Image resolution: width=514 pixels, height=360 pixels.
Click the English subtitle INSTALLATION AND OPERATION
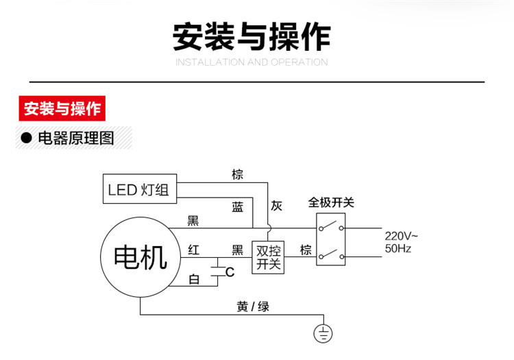[x=252, y=62]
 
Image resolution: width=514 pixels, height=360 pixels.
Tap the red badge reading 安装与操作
[x=62, y=109]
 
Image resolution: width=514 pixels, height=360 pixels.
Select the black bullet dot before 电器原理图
[x=27, y=139]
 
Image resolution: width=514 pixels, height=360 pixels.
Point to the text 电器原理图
[x=75, y=139]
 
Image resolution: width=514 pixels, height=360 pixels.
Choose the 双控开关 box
[x=268, y=257]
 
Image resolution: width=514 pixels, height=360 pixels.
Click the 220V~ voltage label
[x=401, y=236]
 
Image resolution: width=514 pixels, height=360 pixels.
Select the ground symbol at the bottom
[x=323, y=333]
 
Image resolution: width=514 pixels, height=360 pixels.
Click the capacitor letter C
[x=230, y=272]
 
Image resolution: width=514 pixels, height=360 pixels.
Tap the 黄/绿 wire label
[x=254, y=307]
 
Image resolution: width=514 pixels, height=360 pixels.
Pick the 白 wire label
[x=194, y=279]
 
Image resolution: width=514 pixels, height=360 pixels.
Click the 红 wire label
[x=194, y=250]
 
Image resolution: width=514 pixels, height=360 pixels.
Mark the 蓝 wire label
[x=237, y=207]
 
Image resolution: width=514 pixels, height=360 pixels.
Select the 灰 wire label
[x=276, y=206]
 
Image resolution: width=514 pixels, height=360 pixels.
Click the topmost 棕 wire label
[x=237, y=175]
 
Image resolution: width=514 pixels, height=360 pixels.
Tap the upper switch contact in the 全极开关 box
[x=332, y=227]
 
